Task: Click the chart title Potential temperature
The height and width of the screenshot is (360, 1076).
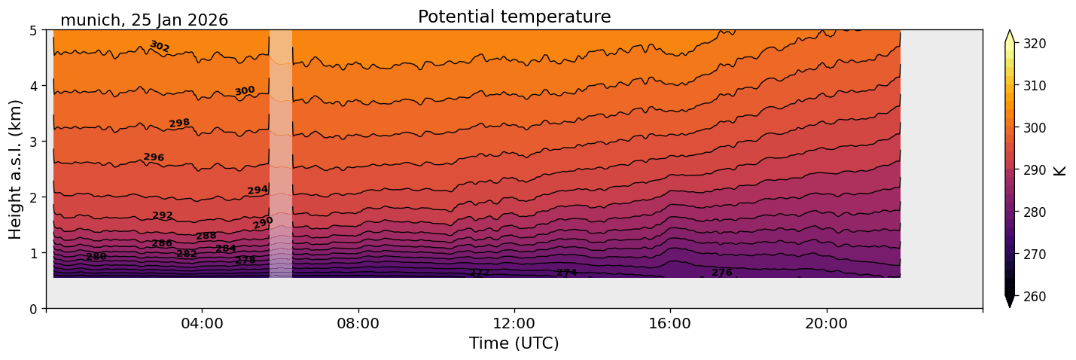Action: click(x=514, y=17)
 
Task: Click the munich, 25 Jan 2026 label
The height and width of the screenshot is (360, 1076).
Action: click(x=144, y=20)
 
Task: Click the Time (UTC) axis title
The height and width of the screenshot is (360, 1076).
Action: click(x=514, y=343)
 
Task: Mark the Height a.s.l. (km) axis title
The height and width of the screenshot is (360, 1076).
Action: click(x=16, y=169)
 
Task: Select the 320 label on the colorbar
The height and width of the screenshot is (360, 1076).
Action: click(x=1034, y=44)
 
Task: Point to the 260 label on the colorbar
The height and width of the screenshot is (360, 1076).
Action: click(x=1034, y=297)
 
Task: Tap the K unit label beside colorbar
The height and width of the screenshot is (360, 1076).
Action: click(x=1060, y=170)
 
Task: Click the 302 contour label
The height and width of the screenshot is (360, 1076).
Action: click(x=160, y=47)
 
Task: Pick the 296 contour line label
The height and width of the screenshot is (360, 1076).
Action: click(x=154, y=157)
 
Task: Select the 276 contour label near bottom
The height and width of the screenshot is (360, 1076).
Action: click(x=722, y=273)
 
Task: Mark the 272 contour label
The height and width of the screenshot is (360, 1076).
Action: click(x=480, y=273)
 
